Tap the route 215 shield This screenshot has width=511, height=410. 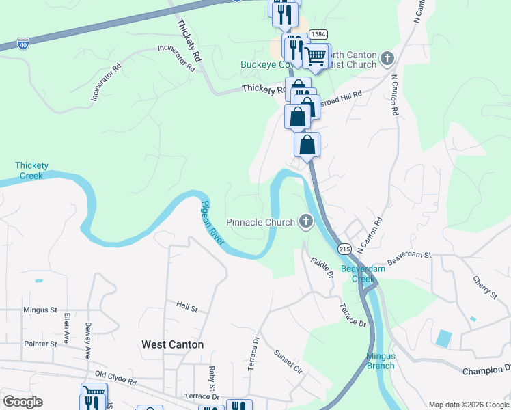pos(344,249)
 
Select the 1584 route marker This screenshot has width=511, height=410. pos(317,34)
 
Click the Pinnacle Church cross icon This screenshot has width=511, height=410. pos(305,221)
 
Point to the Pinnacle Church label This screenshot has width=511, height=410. pos(260,222)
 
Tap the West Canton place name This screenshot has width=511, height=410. pos(172,344)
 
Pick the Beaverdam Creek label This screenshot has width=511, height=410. pos(363,273)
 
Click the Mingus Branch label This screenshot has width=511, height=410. pos(381,361)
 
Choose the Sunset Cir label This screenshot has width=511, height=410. pos(288,362)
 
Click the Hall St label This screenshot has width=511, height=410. pos(187,307)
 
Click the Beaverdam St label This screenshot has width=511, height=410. pos(410,259)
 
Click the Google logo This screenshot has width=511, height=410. pos(24,402)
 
